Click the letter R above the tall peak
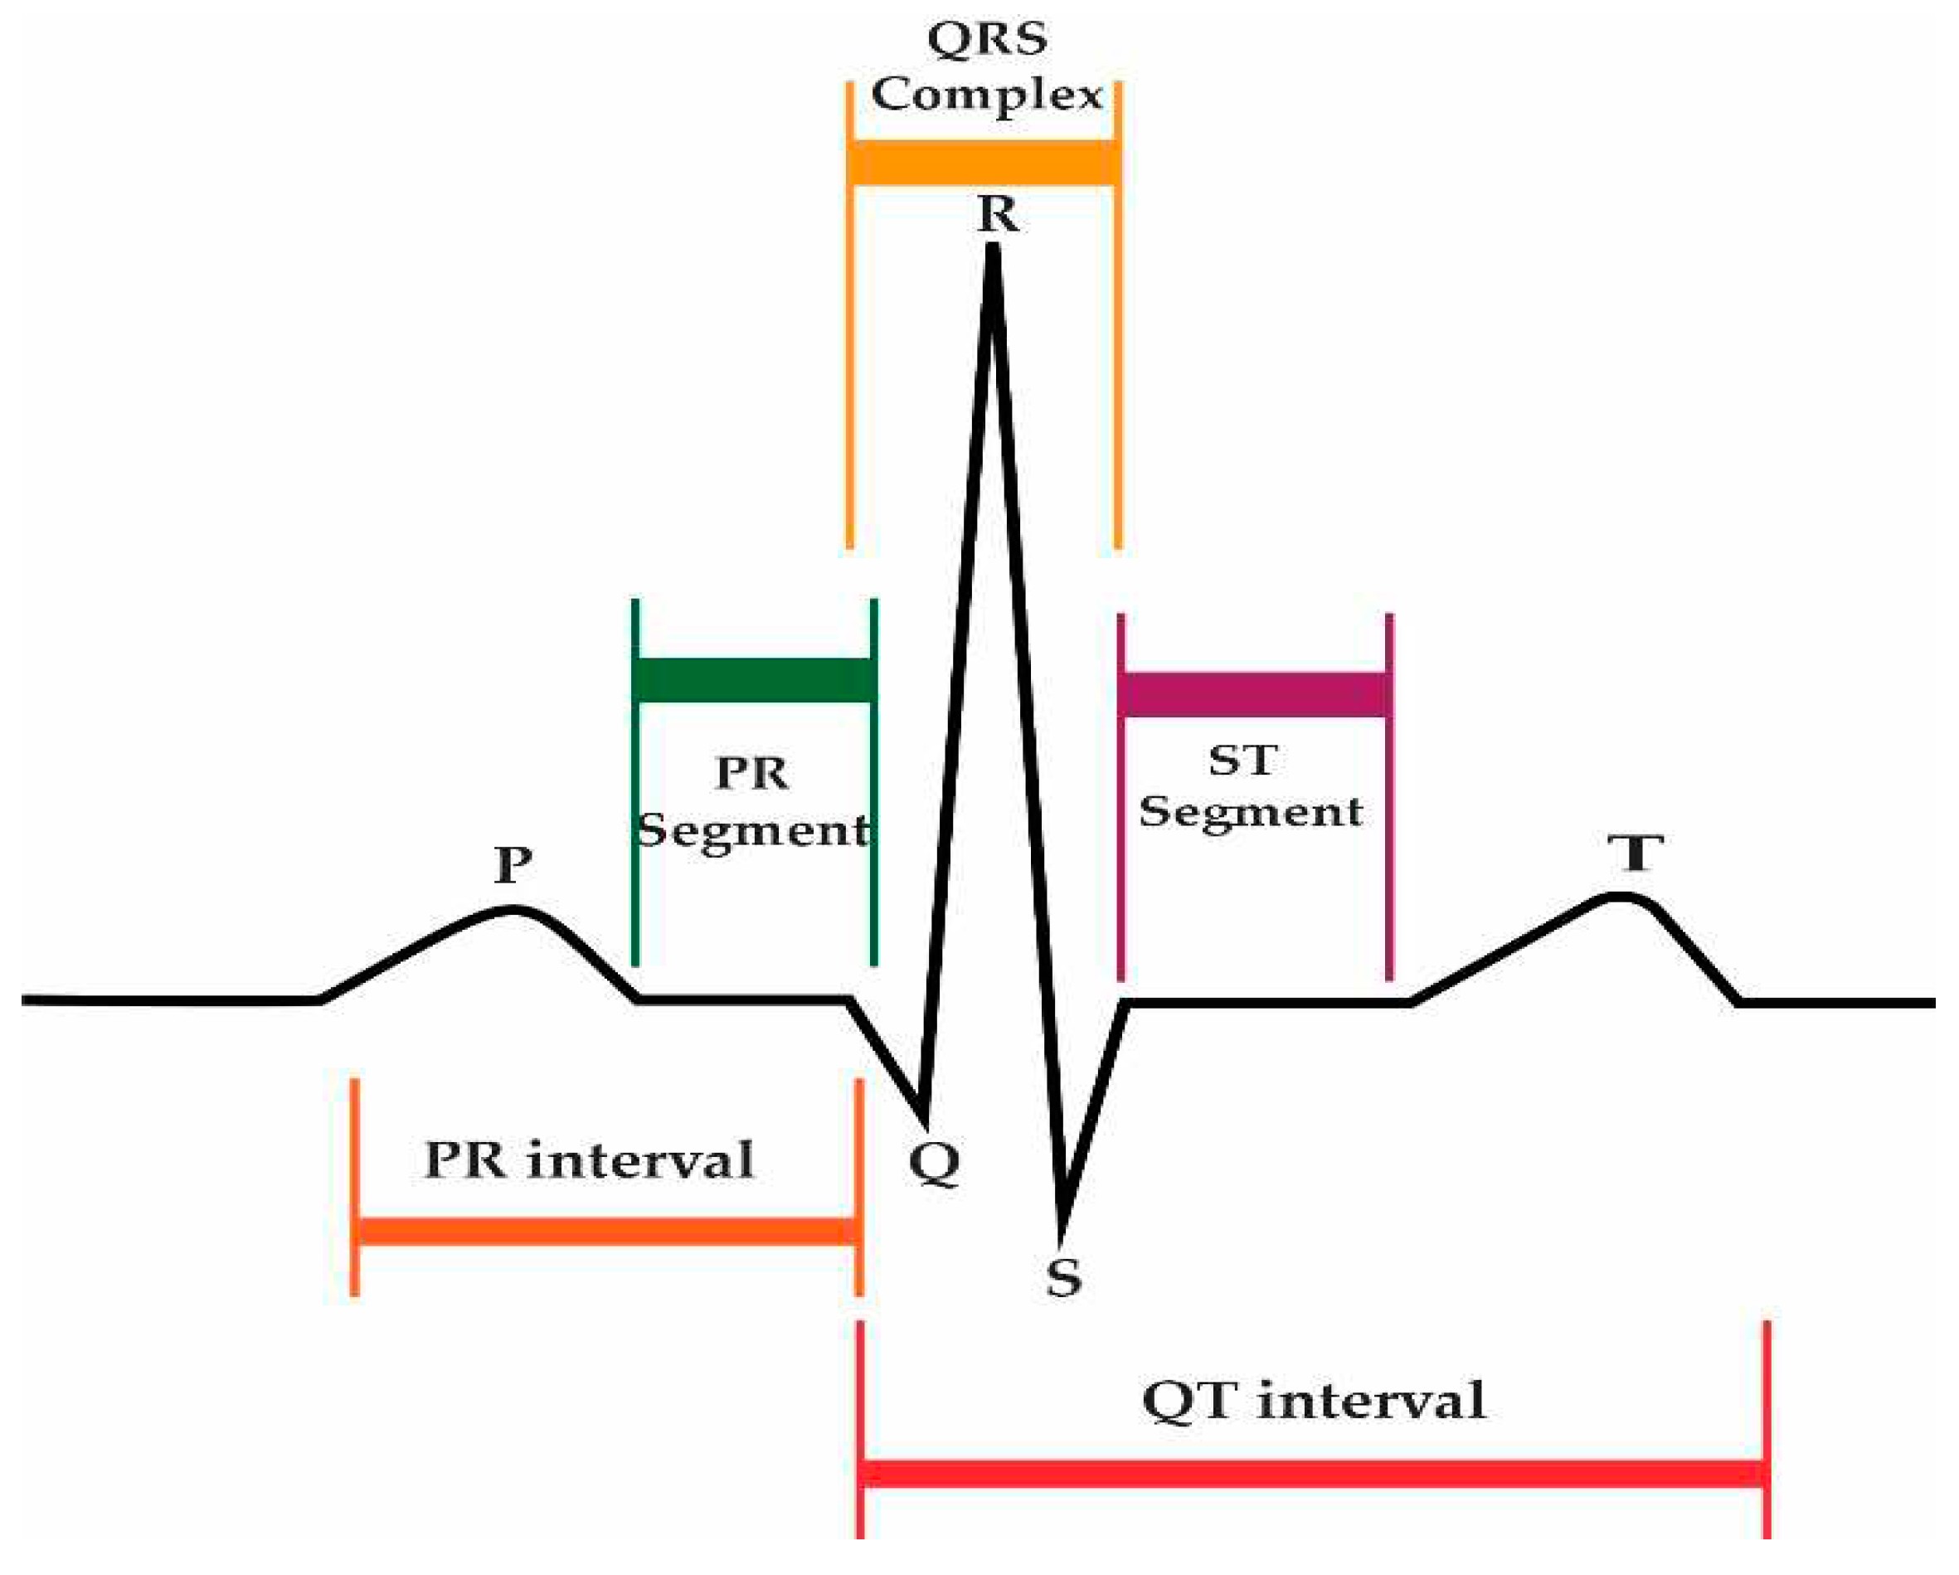[998, 215]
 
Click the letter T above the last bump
[1636, 853]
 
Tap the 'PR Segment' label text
[752, 800]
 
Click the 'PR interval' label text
[589, 1160]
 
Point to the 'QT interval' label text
[1313, 1401]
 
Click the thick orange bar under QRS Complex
[982, 163]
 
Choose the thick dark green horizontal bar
[754, 681]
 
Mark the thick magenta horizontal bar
[1254, 695]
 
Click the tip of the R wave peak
[994, 250]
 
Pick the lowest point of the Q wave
[923, 1112]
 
